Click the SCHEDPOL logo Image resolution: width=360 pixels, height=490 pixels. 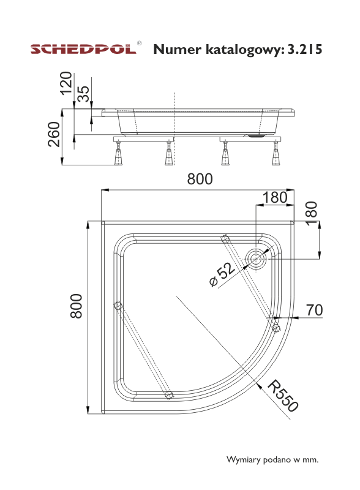coord(83,50)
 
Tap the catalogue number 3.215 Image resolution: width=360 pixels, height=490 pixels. coord(304,50)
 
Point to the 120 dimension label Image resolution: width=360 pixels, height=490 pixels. coord(66,83)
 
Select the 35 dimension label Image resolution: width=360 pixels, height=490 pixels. coord(83,94)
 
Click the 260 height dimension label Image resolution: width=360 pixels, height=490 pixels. coord(54,134)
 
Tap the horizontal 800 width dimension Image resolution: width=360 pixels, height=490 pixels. coord(200,179)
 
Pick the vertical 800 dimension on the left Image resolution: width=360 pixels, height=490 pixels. coord(77,306)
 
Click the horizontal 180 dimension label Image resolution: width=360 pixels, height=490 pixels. coord(275,197)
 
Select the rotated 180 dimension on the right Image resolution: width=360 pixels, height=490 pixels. coord(312,213)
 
